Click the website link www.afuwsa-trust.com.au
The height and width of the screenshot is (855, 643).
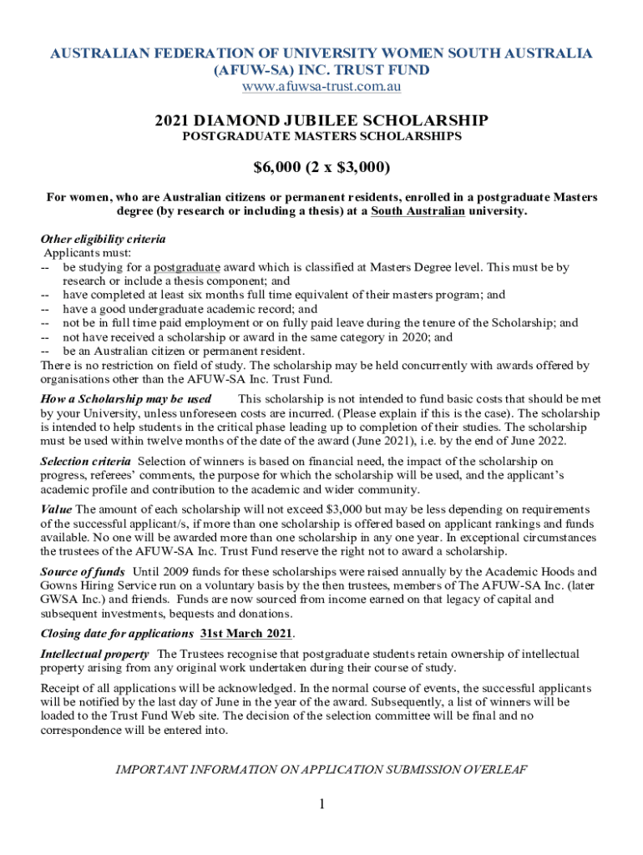[321, 86]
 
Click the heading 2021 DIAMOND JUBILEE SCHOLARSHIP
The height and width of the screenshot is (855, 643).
[321, 121]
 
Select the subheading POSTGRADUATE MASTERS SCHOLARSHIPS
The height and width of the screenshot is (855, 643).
[321, 136]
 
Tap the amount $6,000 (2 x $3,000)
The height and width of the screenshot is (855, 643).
[321, 168]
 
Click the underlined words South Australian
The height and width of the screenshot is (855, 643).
[418, 211]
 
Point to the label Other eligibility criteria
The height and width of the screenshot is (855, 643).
[103, 239]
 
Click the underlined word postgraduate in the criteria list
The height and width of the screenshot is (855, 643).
[187, 267]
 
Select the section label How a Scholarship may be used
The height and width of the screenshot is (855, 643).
[125, 399]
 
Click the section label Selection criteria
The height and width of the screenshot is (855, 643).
[85, 461]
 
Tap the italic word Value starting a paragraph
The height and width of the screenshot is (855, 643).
[56, 509]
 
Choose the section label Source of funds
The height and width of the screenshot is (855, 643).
[83, 572]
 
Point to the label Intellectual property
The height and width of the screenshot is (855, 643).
[95, 654]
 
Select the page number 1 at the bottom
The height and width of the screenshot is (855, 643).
[321, 804]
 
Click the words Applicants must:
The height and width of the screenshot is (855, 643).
[82, 253]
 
